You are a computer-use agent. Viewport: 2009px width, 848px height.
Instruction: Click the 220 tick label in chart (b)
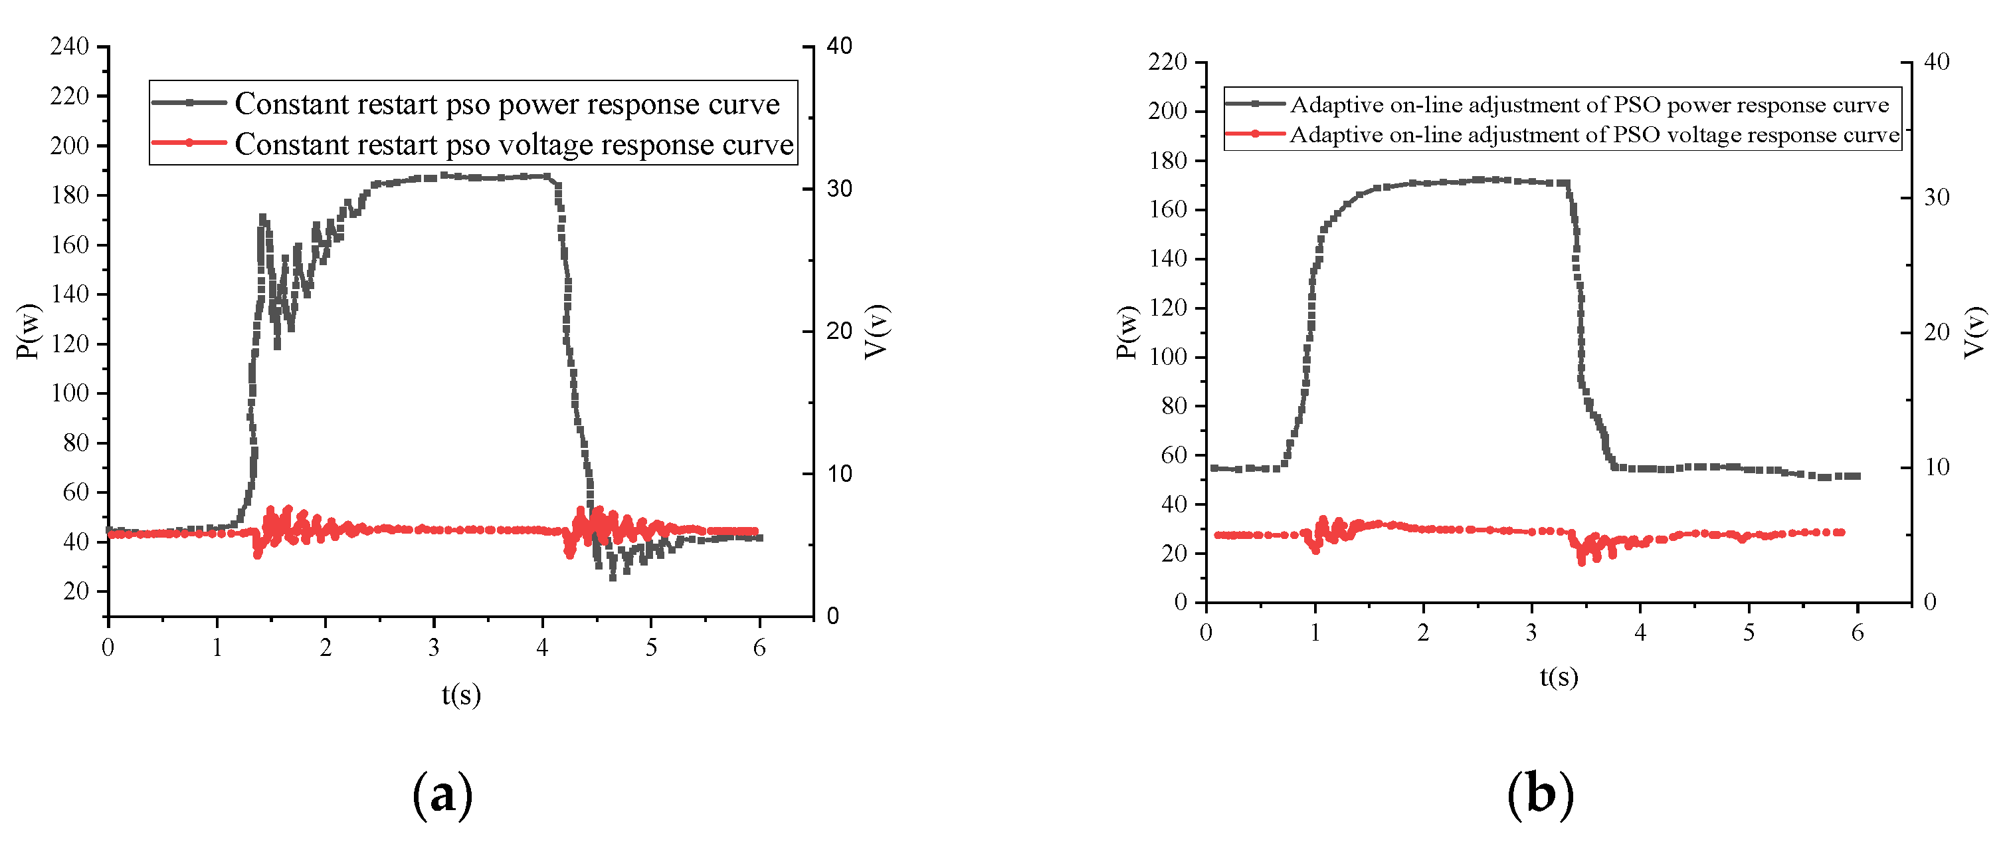pos(1167,62)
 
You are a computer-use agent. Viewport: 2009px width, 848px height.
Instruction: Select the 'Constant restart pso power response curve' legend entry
pos(507,104)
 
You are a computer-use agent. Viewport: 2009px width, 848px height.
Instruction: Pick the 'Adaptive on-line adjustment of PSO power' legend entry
pos(1589,104)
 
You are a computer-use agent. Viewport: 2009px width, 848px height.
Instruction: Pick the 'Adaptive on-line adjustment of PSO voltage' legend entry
pos(1594,135)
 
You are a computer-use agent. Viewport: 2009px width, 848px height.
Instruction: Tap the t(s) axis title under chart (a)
pos(461,694)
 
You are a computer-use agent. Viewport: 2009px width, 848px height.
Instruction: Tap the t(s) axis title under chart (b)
pos(1558,676)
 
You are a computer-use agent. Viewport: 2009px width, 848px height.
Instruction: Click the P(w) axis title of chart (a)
pos(28,332)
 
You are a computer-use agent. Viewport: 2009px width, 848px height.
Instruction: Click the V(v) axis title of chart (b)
pos(1973,332)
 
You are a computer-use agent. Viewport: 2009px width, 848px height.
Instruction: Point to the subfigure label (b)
pos(1539,795)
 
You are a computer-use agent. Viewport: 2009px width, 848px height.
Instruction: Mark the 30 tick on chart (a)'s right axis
pos(839,189)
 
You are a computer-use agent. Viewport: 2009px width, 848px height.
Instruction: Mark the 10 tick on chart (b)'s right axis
pos(1937,467)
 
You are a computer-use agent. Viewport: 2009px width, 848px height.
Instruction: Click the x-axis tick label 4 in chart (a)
pos(542,647)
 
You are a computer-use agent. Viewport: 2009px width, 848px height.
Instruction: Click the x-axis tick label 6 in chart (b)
pos(1857,633)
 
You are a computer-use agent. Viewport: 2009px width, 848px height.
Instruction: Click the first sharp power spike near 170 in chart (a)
pos(263,220)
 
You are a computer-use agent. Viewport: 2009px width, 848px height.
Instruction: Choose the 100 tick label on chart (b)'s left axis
pos(1167,358)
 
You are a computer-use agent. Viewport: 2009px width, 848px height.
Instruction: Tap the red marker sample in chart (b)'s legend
pos(1255,134)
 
